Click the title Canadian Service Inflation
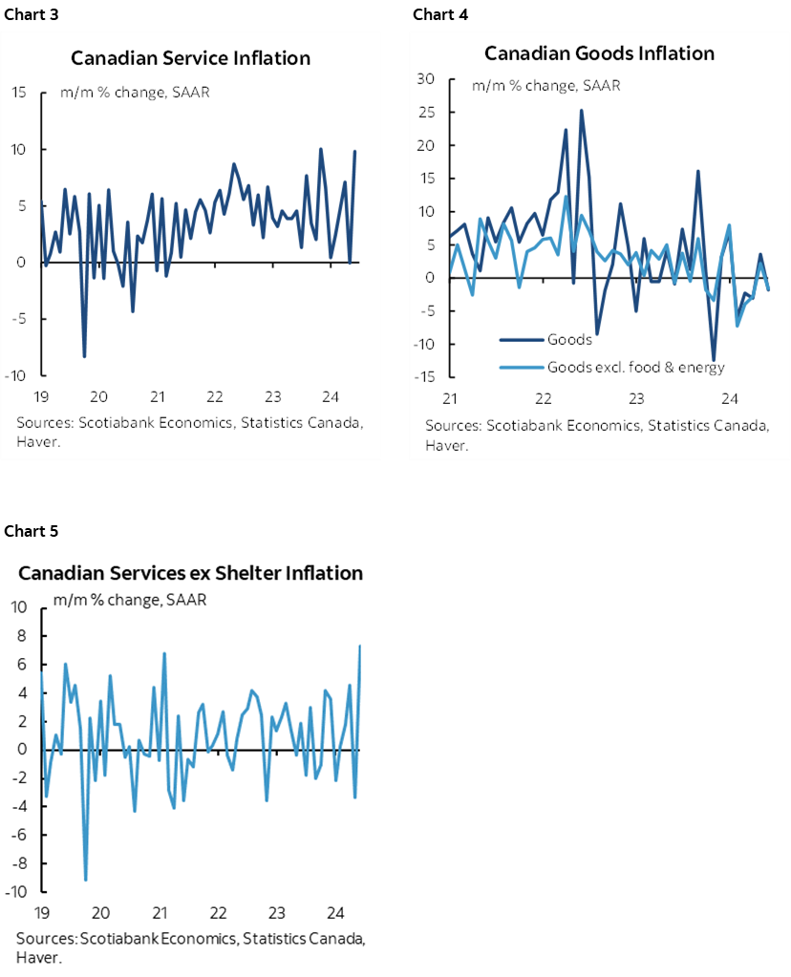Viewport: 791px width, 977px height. pos(191,58)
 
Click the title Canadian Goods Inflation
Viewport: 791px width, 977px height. pos(599,53)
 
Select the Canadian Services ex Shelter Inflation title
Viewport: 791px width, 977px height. pos(191,573)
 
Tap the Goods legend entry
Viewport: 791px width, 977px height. pos(569,338)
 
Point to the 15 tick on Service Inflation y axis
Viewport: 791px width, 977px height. pos(18,93)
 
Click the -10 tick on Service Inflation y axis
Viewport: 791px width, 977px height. pos(16,375)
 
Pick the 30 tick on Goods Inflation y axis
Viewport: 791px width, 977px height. pos(426,79)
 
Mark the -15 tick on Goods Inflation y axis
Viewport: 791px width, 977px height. pos(424,377)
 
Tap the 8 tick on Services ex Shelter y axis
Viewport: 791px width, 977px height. pos(19,635)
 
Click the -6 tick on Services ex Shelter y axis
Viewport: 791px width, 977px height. pos(17,835)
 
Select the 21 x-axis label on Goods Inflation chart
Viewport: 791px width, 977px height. pos(448,398)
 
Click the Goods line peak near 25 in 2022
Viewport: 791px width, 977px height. pos(582,111)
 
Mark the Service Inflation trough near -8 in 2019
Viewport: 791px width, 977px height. pos(84,356)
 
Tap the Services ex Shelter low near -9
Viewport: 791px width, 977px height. pos(86,879)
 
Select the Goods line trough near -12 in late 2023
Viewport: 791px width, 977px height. pos(713,359)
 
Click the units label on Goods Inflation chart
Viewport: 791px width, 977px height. pos(545,86)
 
